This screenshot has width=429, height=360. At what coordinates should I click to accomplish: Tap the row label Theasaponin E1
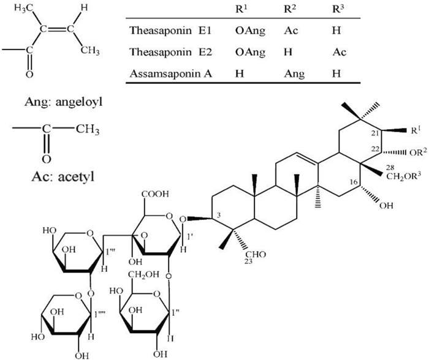pyautogui.click(x=170, y=30)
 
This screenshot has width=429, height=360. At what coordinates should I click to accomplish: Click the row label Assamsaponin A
pyautogui.click(x=171, y=73)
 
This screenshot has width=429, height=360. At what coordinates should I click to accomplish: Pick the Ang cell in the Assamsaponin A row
pyautogui.click(x=294, y=74)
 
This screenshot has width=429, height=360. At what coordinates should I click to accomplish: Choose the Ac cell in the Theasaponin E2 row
pyautogui.click(x=340, y=52)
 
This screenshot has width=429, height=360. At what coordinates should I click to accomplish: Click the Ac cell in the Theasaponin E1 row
pyautogui.click(x=290, y=30)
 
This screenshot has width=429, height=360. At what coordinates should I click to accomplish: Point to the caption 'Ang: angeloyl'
pyautogui.click(x=64, y=102)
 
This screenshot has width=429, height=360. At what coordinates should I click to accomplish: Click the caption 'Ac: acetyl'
pyautogui.click(x=63, y=176)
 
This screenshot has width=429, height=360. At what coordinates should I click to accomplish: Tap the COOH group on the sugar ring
pyautogui.click(x=155, y=194)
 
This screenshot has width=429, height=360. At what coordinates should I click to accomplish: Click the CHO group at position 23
pyautogui.click(x=256, y=255)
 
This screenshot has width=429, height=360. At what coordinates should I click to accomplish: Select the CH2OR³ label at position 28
pyautogui.click(x=403, y=176)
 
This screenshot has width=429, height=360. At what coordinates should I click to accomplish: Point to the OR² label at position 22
pyautogui.click(x=418, y=152)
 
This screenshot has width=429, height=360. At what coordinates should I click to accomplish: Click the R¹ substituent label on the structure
pyautogui.click(x=416, y=130)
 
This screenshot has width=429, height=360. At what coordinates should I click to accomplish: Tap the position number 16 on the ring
pyautogui.click(x=354, y=182)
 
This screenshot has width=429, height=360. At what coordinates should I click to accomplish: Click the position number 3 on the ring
pyautogui.click(x=218, y=216)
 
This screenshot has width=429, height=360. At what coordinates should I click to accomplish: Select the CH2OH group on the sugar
pyautogui.click(x=143, y=274)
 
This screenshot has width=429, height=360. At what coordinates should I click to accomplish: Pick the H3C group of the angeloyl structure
pyautogui.click(x=23, y=8)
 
